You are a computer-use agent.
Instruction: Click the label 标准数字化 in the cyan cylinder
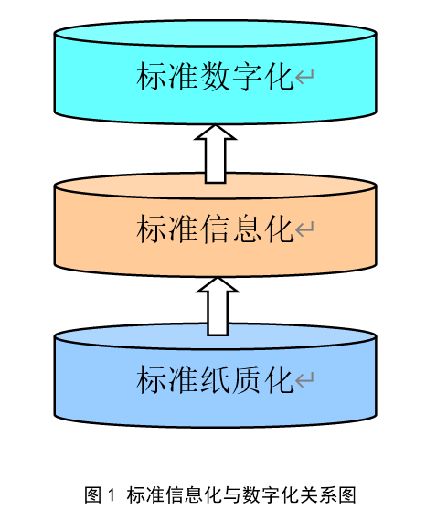coord(215,76)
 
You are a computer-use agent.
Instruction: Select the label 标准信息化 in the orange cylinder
coord(215,229)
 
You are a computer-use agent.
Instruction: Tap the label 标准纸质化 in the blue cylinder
coord(215,379)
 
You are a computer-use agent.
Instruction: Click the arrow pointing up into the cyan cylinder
coord(216,154)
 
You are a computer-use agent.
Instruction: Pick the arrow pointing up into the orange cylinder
coord(218,306)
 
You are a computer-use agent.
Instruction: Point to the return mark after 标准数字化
coord(304,77)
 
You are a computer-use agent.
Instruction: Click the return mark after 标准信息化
coord(304,229)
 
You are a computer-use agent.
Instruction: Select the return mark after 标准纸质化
coord(304,380)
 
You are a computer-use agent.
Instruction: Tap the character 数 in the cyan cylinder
coord(215,76)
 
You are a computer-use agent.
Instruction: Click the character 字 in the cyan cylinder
coord(247,76)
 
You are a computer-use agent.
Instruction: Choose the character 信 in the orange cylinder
coord(215,229)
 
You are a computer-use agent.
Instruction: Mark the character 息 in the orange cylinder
coord(247,229)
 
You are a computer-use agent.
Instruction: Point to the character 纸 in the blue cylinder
coord(215,379)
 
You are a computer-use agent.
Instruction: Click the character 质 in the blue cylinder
coord(247,379)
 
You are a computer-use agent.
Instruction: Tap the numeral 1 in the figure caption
coord(112,494)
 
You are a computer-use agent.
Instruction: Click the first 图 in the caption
coord(93,494)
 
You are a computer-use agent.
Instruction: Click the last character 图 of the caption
coord(346,494)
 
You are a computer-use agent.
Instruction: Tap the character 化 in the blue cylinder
coord(279,379)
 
